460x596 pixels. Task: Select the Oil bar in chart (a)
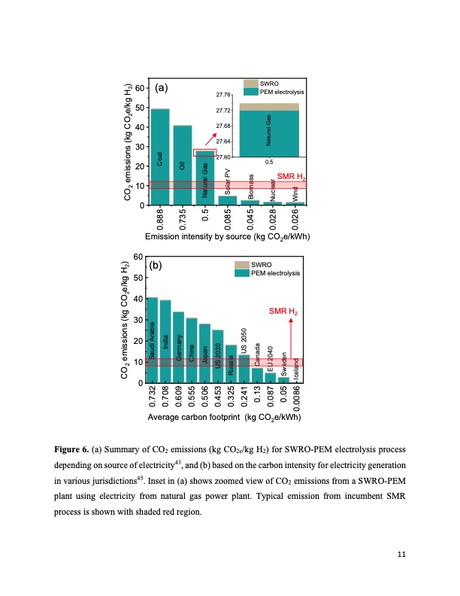pos(182,165)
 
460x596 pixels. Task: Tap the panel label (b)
pos(156,265)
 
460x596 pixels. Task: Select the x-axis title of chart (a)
pos(228,237)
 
